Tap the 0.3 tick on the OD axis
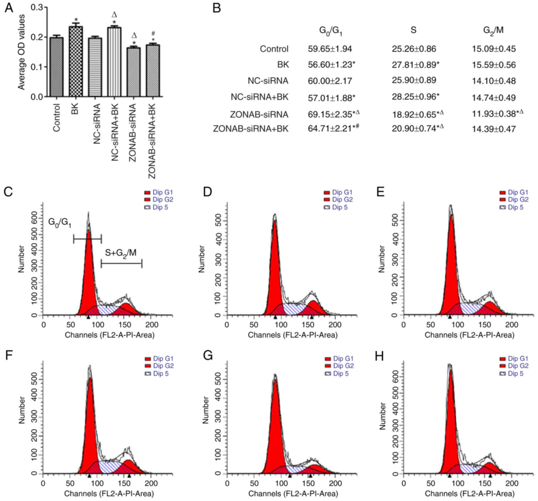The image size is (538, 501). [x=37, y=7]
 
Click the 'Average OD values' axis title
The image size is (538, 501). [x=21, y=52]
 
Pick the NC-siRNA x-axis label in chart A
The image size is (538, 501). [x=97, y=124]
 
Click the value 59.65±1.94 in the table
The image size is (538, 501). [x=330, y=49]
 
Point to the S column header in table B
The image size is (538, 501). [x=413, y=30]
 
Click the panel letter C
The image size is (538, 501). [x=8, y=192]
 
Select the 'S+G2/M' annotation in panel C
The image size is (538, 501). [x=121, y=253]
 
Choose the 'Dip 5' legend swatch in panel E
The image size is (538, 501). [x=503, y=208]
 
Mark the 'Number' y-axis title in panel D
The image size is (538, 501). [x=201, y=259]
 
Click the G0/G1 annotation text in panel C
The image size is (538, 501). [x=60, y=223]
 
